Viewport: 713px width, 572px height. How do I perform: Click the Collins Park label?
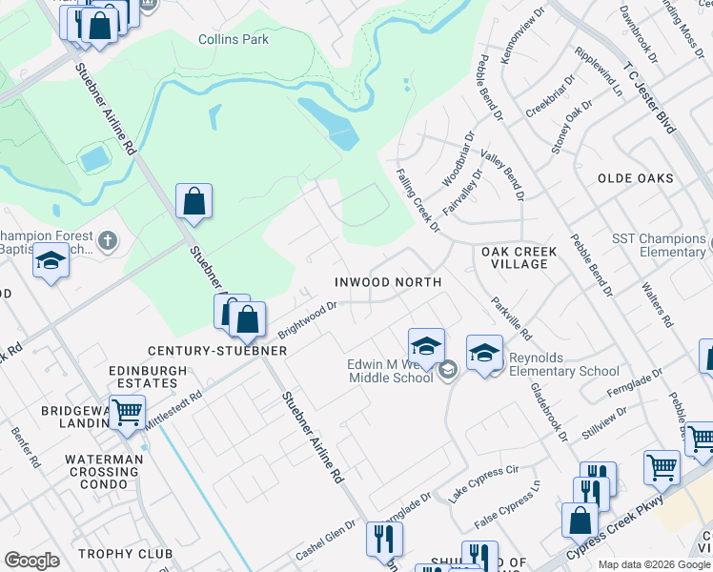point(234,39)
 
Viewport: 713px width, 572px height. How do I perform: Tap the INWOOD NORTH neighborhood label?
point(387,282)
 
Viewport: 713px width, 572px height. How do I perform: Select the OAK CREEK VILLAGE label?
point(514,257)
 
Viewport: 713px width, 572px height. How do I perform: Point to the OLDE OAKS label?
point(635,178)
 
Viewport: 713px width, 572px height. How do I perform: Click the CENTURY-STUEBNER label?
point(217,351)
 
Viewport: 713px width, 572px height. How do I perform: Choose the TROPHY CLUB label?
point(125,554)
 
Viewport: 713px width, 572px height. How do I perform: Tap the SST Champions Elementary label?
point(659,245)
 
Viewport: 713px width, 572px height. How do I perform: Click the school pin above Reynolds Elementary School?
point(484,352)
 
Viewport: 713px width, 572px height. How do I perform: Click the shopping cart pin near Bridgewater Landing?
point(127,413)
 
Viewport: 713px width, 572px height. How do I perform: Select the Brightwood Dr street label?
point(308,321)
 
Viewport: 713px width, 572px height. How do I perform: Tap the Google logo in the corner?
point(31,561)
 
